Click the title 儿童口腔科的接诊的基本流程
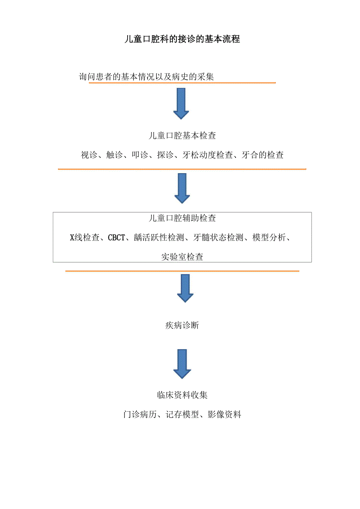pos(182,39)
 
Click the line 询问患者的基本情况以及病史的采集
pos(146,77)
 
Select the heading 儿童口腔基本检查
pos(182,136)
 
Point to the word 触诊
pos(114,155)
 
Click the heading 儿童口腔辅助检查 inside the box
pos(182,218)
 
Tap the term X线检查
pos(85,238)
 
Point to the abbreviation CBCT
pos(117,238)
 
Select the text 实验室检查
pos(182,257)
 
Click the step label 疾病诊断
pos(182,325)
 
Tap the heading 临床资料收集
pos(182,395)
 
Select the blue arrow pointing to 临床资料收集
pos(182,364)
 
